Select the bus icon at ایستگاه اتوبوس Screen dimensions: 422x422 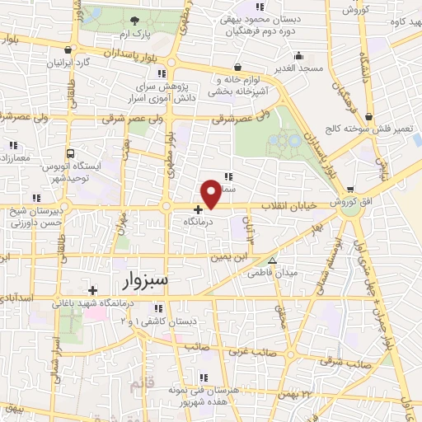70,153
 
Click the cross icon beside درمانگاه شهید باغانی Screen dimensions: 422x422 93,290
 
